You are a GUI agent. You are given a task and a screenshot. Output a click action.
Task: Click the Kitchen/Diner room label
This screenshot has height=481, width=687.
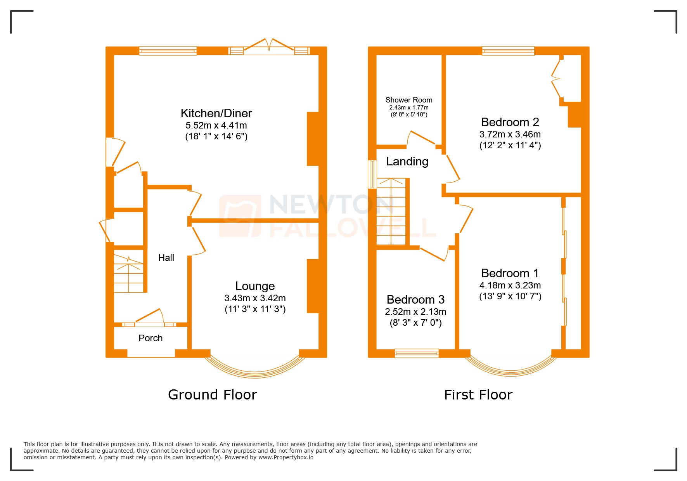(x=216, y=113)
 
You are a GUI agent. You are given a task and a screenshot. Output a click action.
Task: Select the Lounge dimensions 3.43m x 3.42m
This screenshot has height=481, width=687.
(x=255, y=298)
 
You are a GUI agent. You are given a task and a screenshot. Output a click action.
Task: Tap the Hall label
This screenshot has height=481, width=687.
(x=166, y=258)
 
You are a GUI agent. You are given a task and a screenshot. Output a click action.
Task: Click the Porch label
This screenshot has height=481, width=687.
(x=151, y=338)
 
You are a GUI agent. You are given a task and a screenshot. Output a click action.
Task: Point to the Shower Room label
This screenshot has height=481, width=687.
(x=408, y=100)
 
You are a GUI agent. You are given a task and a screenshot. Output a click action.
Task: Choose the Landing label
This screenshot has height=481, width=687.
(x=407, y=161)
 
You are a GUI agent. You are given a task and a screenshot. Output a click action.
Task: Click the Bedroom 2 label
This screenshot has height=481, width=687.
(x=510, y=122)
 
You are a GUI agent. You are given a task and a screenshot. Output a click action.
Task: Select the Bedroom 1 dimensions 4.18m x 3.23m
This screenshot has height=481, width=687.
(x=510, y=285)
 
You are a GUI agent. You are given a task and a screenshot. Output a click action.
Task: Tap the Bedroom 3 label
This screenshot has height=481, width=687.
(x=415, y=300)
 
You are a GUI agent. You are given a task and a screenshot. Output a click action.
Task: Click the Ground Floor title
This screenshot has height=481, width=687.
(x=212, y=395)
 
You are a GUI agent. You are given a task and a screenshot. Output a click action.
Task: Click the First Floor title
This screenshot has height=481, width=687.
(x=478, y=395)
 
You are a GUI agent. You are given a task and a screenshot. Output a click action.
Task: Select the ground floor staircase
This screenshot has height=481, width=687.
(x=128, y=274)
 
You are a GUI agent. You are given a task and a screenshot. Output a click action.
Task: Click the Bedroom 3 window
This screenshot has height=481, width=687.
(x=417, y=353)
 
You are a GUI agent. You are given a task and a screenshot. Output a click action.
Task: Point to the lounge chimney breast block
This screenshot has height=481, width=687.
(x=313, y=286)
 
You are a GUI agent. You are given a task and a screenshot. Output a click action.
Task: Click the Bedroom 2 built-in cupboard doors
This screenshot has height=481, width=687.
(x=556, y=79)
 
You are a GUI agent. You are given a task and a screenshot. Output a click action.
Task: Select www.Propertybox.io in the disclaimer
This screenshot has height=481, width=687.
(x=286, y=457)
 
